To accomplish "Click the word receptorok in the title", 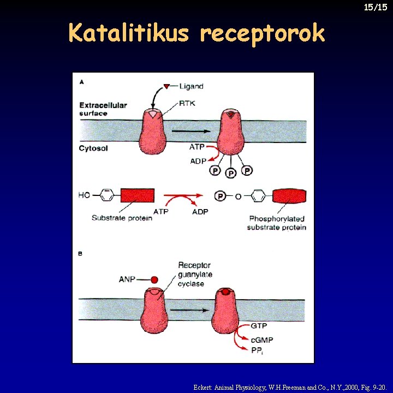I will click(x=262, y=34).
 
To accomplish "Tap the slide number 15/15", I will click(x=376, y=7).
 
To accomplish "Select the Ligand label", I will click(x=191, y=86).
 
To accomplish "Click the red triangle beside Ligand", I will click(x=167, y=86).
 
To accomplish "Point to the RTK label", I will click(x=189, y=102).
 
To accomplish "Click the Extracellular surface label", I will click(x=103, y=109).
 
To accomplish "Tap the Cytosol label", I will click(x=94, y=148).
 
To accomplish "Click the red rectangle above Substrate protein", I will click(x=137, y=195).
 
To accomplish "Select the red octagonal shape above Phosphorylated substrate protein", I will click(x=289, y=195).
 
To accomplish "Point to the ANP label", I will click(x=128, y=280).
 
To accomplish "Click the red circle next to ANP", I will click(x=154, y=280).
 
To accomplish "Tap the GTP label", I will click(x=259, y=325).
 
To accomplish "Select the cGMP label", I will click(x=262, y=340).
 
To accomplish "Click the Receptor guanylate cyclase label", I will click(x=194, y=275).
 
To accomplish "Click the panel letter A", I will click(x=81, y=82).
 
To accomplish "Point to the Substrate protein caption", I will click(x=122, y=218).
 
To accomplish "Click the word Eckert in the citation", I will click(x=204, y=387).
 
